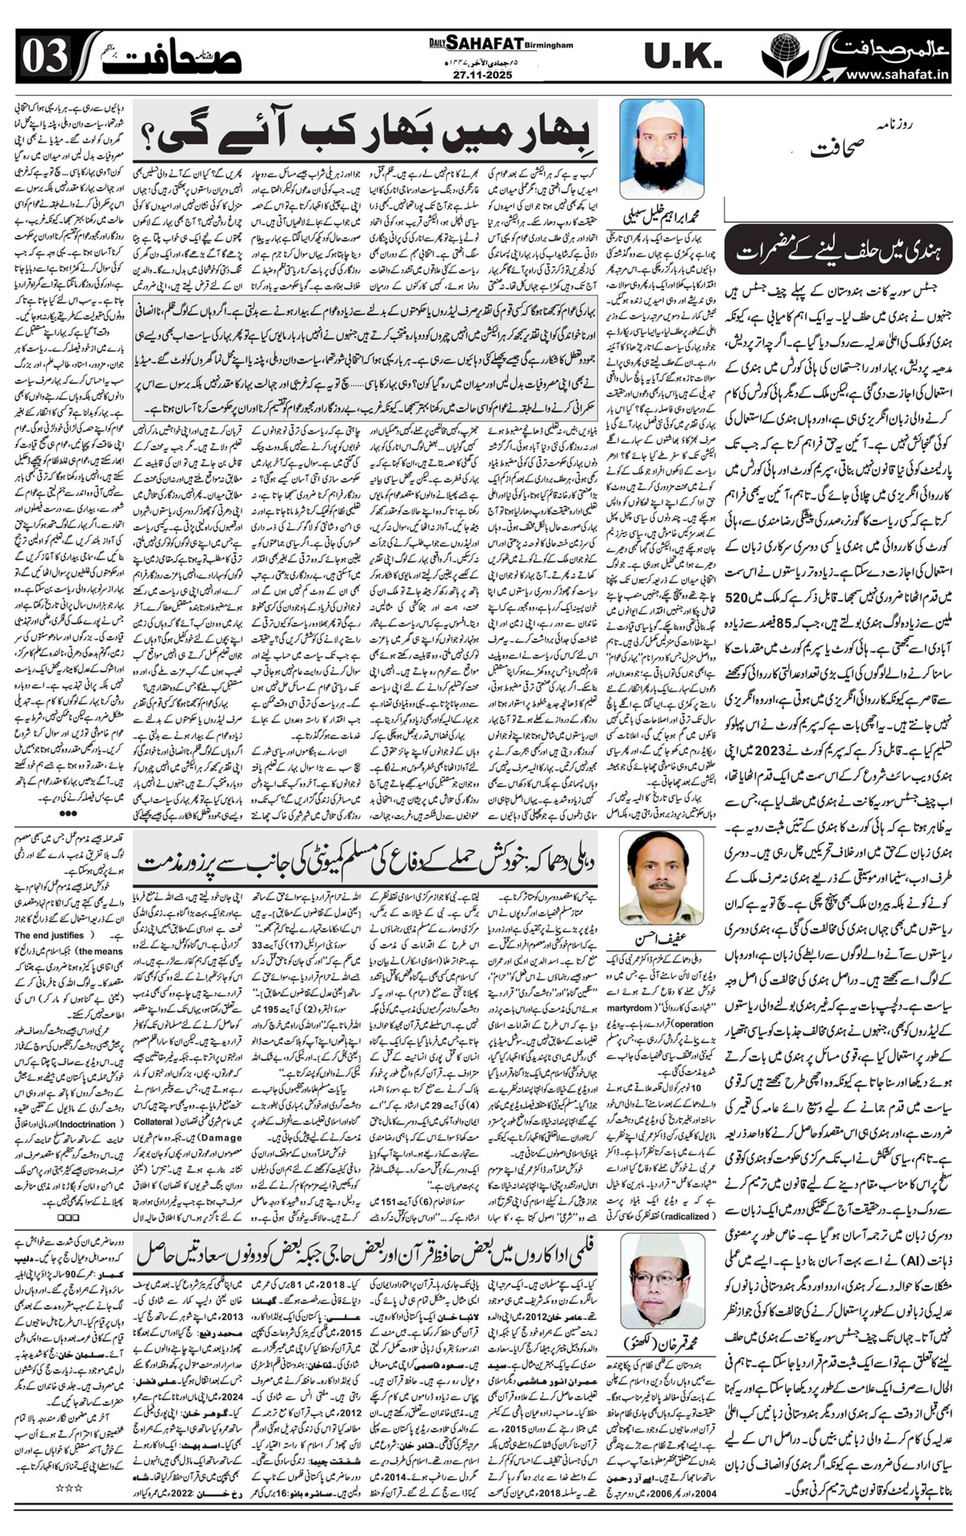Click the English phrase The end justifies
point(49,935)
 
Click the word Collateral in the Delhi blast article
point(153,1122)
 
